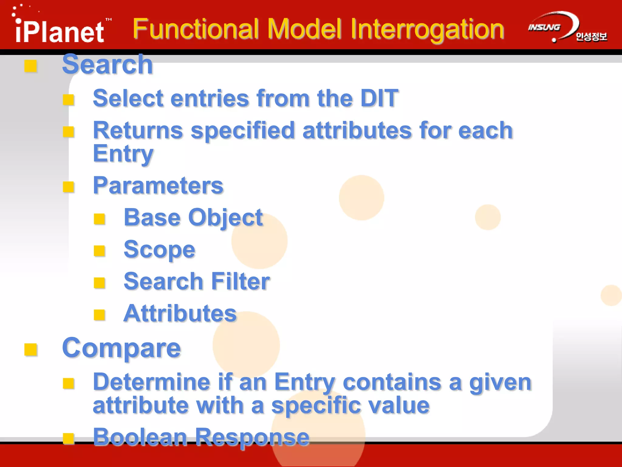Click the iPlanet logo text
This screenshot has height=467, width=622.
60,31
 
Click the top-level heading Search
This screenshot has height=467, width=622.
107,64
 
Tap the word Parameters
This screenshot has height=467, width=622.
158,185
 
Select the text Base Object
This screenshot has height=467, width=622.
193,218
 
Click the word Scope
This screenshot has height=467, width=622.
159,250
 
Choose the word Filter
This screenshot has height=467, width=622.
240,282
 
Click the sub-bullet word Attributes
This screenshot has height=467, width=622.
180,313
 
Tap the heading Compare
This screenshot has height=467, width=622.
121,348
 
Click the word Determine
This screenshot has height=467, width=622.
151,382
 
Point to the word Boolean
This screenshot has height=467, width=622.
140,437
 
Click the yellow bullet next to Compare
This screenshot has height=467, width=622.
31,350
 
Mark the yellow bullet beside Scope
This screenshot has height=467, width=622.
99,251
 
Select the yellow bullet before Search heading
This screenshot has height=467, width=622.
31,66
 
